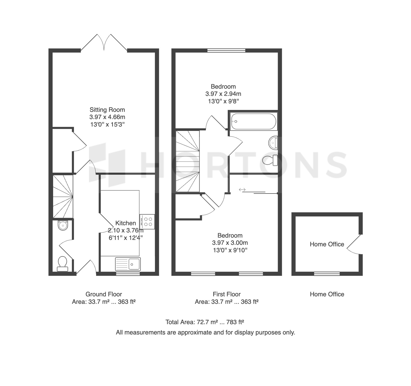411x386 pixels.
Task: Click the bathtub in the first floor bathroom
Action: pyautogui.click(x=253, y=121)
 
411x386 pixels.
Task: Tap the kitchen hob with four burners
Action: pyautogui.click(x=147, y=222)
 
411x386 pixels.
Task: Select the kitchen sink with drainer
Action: pyautogui.click(x=128, y=264)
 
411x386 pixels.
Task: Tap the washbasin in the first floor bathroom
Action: pyautogui.click(x=273, y=143)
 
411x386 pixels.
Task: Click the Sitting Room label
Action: pyautogui.click(x=107, y=110)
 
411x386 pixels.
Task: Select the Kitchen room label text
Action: pyautogui.click(x=126, y=223)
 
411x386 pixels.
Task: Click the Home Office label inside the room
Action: pyautogui.click(x=327, y=244)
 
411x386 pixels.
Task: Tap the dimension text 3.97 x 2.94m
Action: pyautogui.click(x=223, y=94)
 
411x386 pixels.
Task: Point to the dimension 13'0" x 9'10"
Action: pyautogui.click(x=230, y=250)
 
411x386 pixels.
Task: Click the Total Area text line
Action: pyautogui.click(x=205, y=322)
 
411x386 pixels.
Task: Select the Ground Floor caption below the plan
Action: pyautogui.click(x=104, y=294)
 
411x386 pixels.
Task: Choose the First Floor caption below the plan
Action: pyautogui.click(x=227, y=294)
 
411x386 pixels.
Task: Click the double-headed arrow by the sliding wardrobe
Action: pyautogui.click(x=242, y=190)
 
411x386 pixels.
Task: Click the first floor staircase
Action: pyautogui.click(x=188, y=161)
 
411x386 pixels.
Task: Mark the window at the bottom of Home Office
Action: pyautogui.click(x=327, y=274)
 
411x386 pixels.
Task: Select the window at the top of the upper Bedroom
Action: pyautogui.click(x=227, y=51)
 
